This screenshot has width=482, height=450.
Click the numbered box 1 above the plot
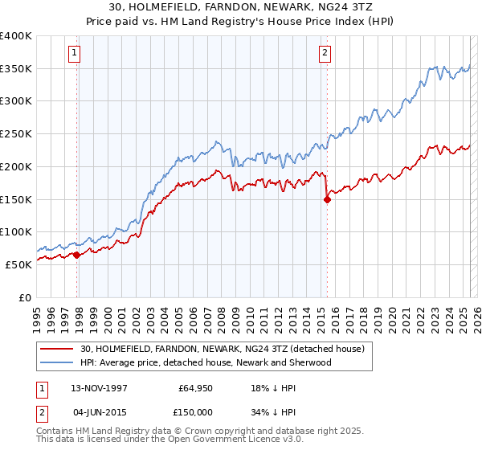click(74, 54)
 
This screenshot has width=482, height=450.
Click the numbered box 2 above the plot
click(325, 54)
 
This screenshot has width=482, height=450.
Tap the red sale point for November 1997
click(77, 255)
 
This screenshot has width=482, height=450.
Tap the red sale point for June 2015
click(327, 200)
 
